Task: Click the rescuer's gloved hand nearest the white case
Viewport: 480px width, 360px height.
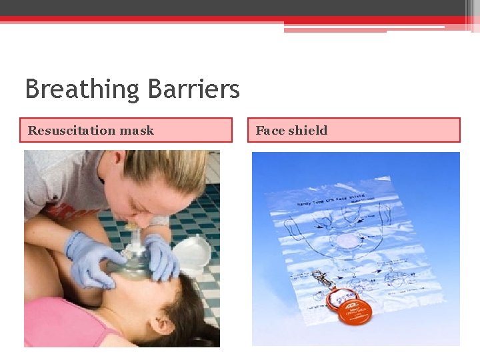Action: pos(161,257)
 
